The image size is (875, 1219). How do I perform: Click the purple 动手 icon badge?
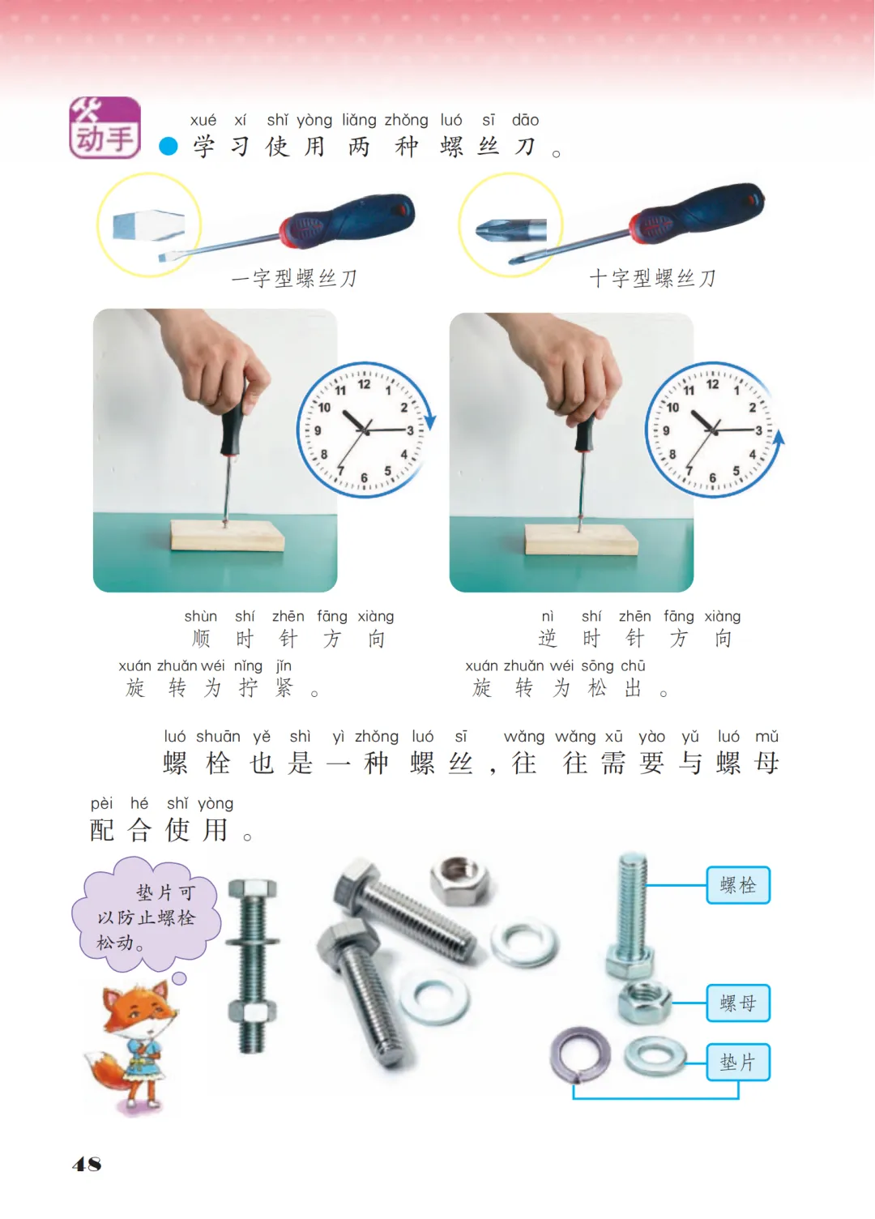[x=105, y=128]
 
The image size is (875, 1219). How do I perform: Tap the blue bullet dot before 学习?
[x=169, y=146]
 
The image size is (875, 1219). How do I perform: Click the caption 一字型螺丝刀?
[x=294, y=279]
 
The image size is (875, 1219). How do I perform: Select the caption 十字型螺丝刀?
[x=652, y=279]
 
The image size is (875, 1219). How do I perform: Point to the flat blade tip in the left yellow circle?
[x=148, y=225]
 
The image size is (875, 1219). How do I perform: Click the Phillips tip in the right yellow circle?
[x=510, y=229]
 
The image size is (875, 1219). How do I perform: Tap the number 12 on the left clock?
[x=364, y=384]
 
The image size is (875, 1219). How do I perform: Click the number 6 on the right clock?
[x=712, y=478]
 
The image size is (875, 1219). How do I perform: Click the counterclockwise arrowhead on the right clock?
[x=779, y=438]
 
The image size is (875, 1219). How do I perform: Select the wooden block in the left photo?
[x=228, y=536]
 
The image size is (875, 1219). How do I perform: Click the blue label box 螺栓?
[x=738, y=885]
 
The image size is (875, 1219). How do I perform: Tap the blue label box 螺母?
[x=738, y=1003]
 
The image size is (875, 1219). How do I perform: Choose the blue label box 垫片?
[x=738, y=1063]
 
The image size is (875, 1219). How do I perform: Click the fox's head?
[x=137, y=1007]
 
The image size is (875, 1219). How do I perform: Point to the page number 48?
[x=87, y=1164]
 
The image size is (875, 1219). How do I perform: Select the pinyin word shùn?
[x=201, y=617]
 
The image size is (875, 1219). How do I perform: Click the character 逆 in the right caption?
[x=548, y=639]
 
